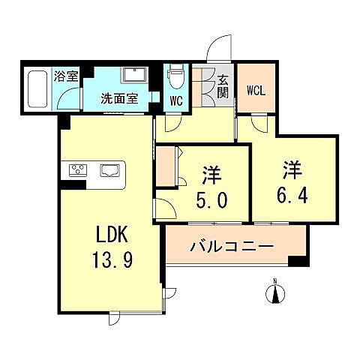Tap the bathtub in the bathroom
tap(37, 90)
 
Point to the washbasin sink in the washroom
tap(134, 75)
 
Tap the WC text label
tap(176, 100)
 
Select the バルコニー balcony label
tap(231, 246)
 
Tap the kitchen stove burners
tap(79, 170)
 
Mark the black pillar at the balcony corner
tap(298, 260)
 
